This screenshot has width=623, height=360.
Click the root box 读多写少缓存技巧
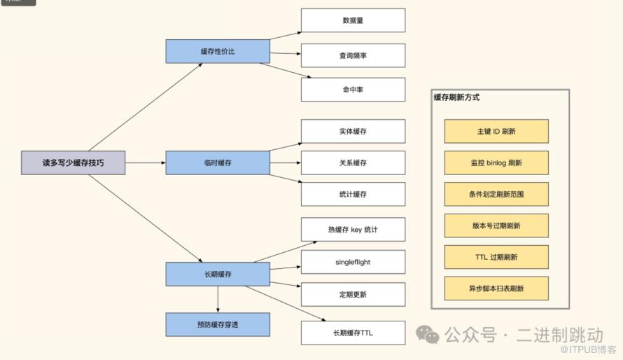click(x=73, y=162)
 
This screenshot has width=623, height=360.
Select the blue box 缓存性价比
click(x=217, y=52)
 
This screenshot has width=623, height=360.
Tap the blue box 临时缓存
click(x=217, y=162)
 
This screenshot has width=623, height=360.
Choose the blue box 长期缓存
click(x=217, y=274)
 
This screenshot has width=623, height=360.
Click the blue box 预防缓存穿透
click(x=217, y=324)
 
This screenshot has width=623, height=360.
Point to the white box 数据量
click(x=353, y=20)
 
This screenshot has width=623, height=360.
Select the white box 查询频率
click(x=353, y=55)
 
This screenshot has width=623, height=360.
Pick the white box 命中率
click(x=353, y=90)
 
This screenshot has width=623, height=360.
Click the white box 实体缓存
click(x=353, y=131)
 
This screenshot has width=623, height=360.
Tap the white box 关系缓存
click(x=353, y=162)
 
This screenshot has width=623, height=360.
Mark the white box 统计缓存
click(x=353, y=194)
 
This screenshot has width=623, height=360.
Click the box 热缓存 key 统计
click(x=353, y=229)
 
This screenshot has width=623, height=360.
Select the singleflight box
click(x=353, y=262)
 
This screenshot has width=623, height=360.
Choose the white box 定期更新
click(x=353, y=294)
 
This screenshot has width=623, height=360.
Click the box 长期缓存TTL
click(x=353, y=333)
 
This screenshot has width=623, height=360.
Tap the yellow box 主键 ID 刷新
click(x=496, y=131)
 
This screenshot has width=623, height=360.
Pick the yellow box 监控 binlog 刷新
click(x=496, y=162)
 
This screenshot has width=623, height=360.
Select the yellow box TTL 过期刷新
click(x=496, y=257)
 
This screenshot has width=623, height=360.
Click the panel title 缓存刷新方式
click(x=457, y=98)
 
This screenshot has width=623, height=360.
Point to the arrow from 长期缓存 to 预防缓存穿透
click(x=217, y=299)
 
